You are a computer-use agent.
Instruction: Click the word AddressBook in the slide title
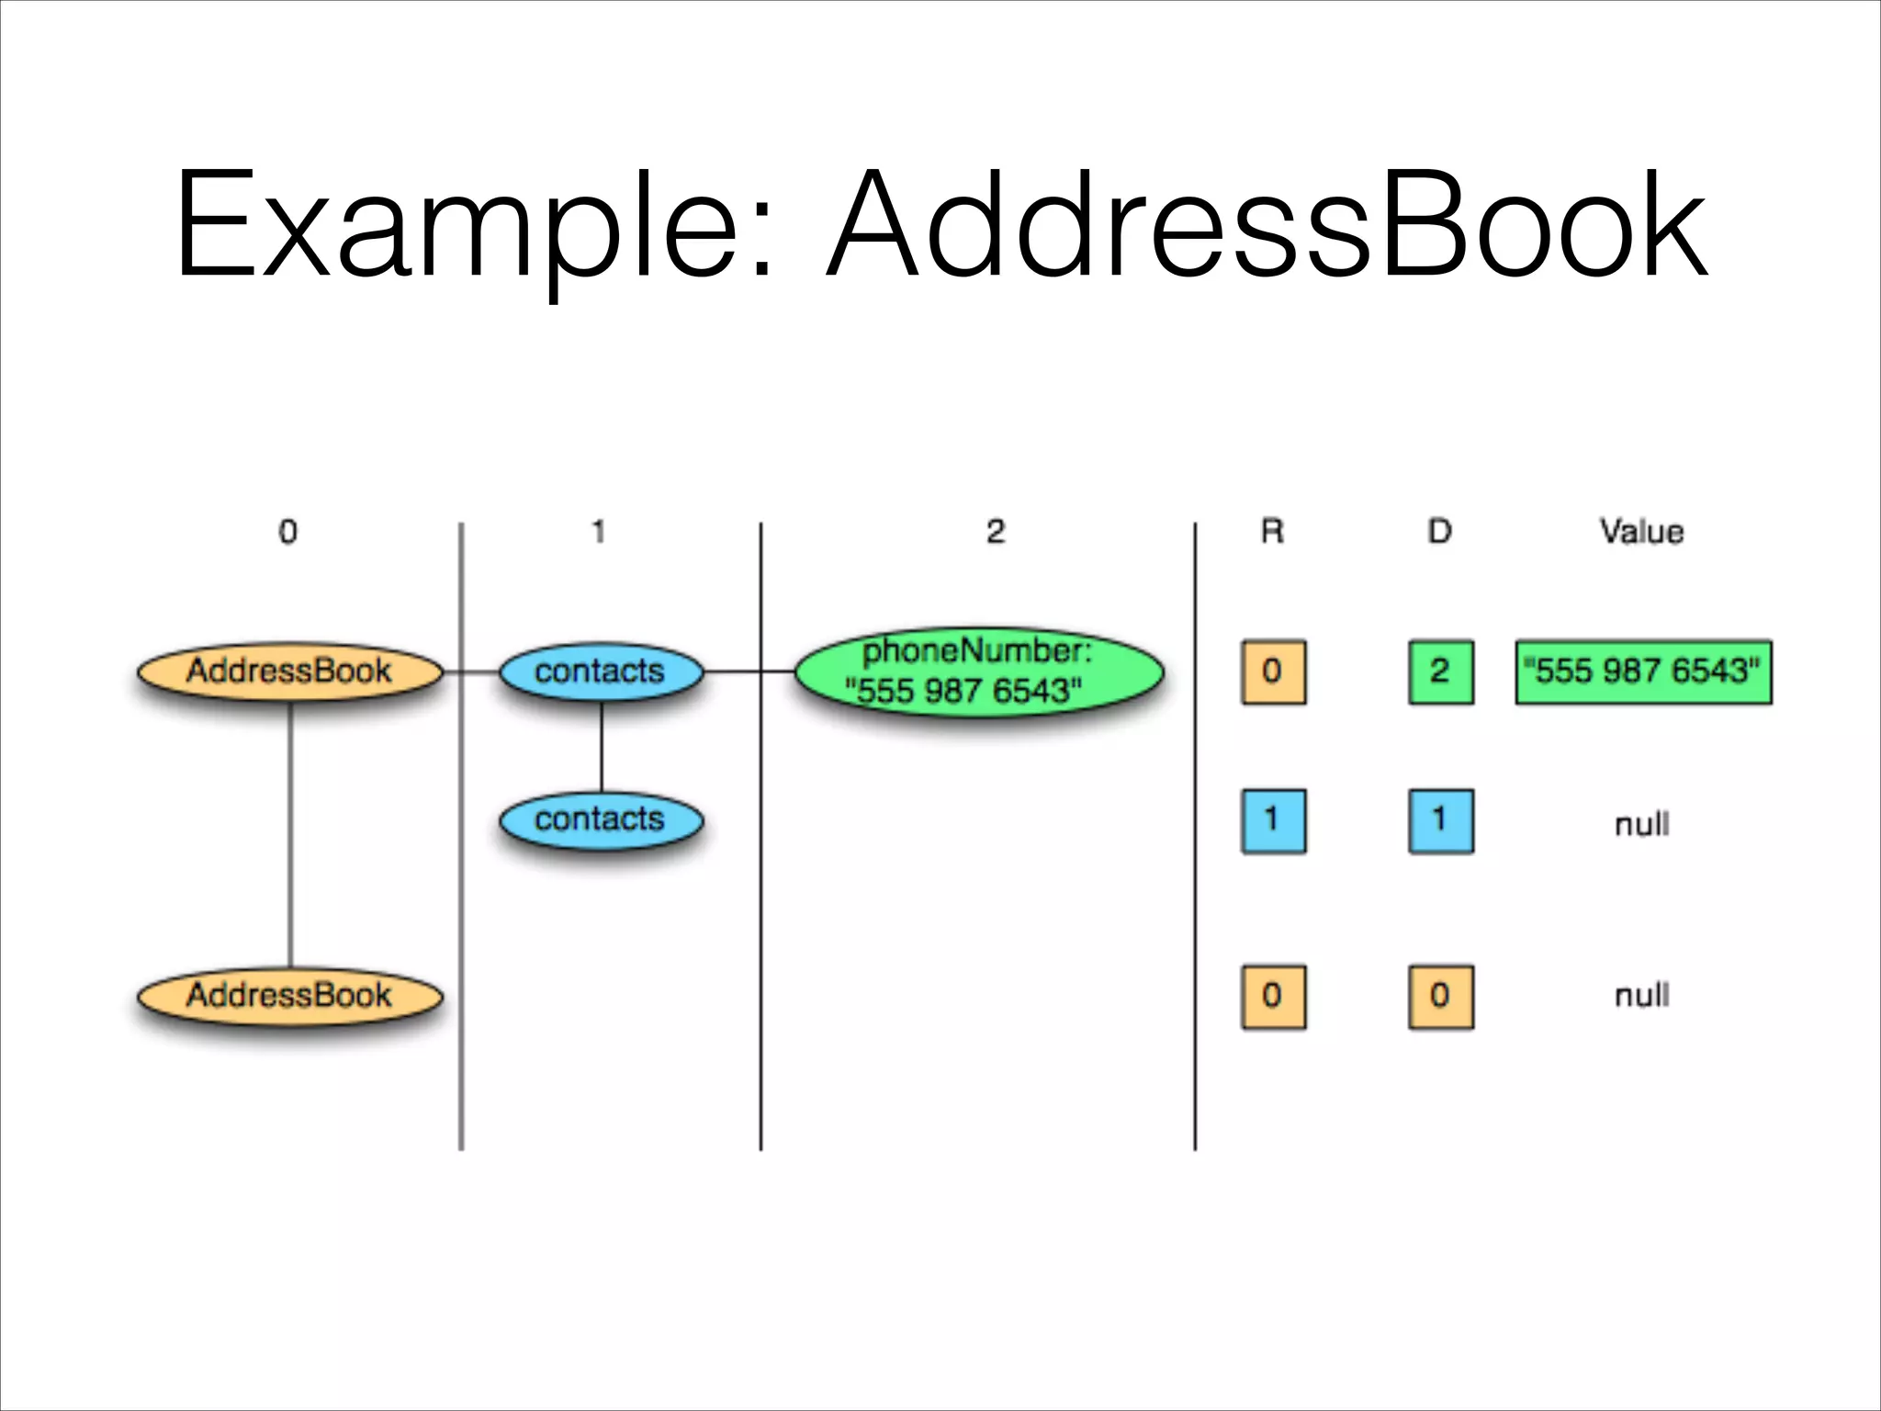[1267, 225]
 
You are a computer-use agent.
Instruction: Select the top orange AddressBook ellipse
[290, 672]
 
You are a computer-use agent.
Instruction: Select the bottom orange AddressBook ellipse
[290, 996]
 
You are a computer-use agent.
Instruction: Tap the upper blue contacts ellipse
[601, 672]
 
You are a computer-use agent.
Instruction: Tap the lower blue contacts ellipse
[601, 819]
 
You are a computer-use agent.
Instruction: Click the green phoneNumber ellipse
[978, 672]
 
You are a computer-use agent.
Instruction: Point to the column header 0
[287, 532]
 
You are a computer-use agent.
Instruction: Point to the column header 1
[599, 532]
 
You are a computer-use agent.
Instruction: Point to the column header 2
[996, 532]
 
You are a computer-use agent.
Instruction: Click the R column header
[1272, 532]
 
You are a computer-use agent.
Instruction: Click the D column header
[1439, 532]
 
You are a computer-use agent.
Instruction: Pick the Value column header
[1641, 532]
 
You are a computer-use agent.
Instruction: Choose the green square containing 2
[1440, 672]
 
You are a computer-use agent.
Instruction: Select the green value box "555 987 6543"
[1643, 672]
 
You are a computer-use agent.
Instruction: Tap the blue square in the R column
[1273, 820]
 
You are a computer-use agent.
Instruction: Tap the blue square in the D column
[1440, 820]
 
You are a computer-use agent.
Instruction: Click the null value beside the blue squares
[1641, 824]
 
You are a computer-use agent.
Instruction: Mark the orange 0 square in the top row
[1273, 672]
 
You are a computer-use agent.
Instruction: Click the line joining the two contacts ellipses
[602, 746]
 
